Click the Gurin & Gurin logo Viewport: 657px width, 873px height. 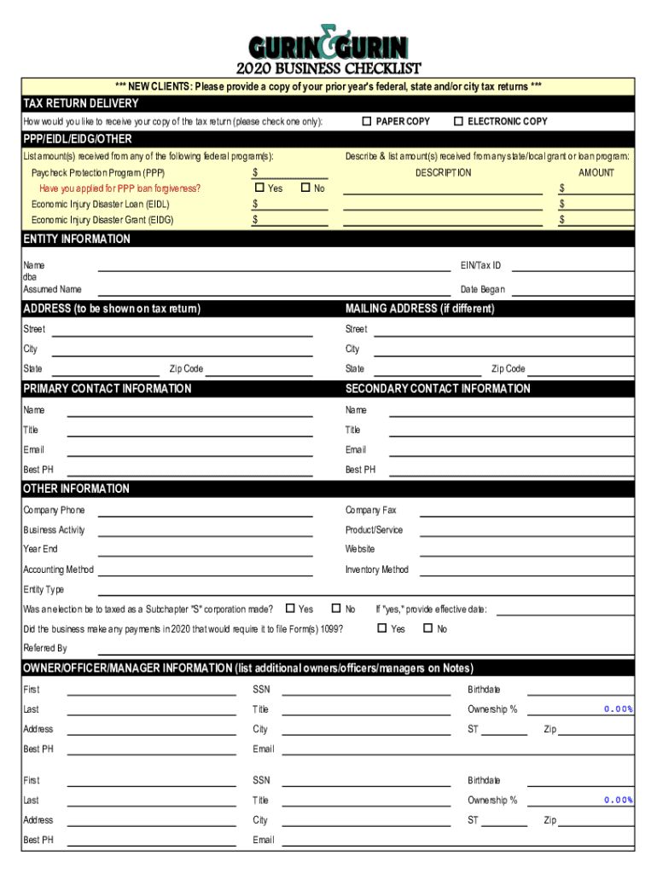[x=328, y=43]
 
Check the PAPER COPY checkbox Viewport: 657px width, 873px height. [x=367, y=121]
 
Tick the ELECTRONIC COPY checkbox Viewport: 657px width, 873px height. [x=459, y=121]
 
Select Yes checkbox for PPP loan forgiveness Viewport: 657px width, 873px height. [x=259, y=188]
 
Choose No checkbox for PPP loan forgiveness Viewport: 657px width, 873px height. [x=306, y=188]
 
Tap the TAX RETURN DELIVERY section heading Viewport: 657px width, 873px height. [x=81, y=103]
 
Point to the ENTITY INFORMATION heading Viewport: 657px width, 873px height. [x=77, y=240]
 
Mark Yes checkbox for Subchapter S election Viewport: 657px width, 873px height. [x=290, y=609]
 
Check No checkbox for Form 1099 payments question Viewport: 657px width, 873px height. [x=428, y=629]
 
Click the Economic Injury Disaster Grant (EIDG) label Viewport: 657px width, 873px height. [x=102, y=220]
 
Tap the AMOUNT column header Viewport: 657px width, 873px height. [x=596, y=172]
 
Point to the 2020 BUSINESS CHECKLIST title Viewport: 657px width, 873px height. [x=328, y=69]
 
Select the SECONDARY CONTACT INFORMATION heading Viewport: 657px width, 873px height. [x=438, y=389]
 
